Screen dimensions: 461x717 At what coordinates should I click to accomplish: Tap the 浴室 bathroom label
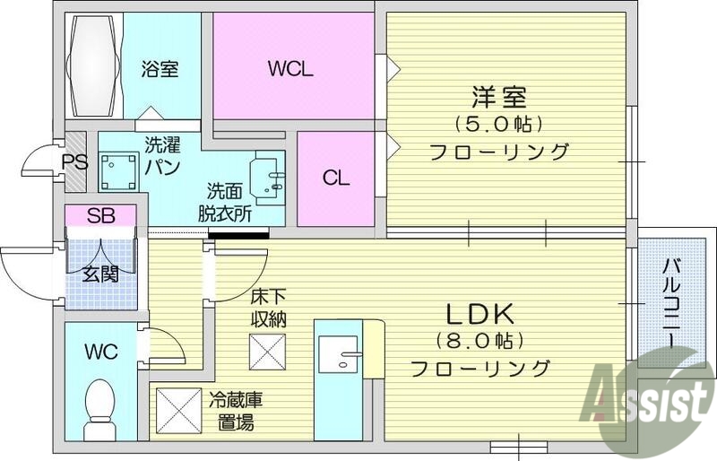[x=160, y=69]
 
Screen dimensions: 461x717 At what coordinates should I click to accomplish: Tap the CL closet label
[x=336, y=178]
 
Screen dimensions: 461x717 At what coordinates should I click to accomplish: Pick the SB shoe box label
[x=99, y=216]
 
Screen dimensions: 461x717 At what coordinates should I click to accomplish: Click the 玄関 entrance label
[x=100, y=274]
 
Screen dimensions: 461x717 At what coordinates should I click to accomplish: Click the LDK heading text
[x=479, y=314]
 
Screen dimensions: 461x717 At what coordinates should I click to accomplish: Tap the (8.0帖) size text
[x=479, y=342]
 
